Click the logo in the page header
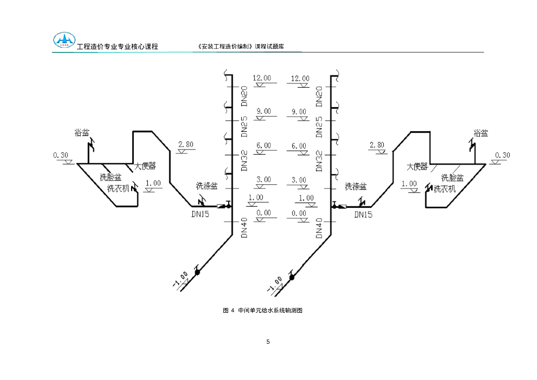[x=64, y=40]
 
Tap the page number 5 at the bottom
[x=268, y=342]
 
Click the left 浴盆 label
[x=82, y=133]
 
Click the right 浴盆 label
[x=480, y=133]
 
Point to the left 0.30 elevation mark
[x=61, y=155]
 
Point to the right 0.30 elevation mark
[x=502, y=155]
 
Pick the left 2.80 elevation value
[x=186, y=144]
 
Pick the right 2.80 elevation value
[x=377, y=145]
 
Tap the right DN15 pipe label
[x=363, y=214]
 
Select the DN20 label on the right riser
[x=319, y=97]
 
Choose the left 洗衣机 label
[x=118, y=188]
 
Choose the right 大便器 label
[x=417, y=166]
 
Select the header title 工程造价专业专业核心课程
[x=117, y=47]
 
